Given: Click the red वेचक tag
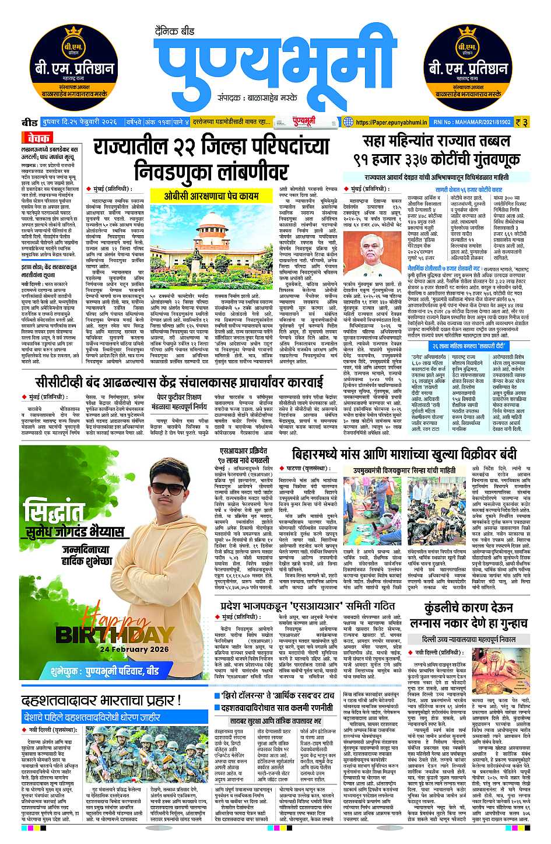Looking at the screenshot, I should coord(38,138).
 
